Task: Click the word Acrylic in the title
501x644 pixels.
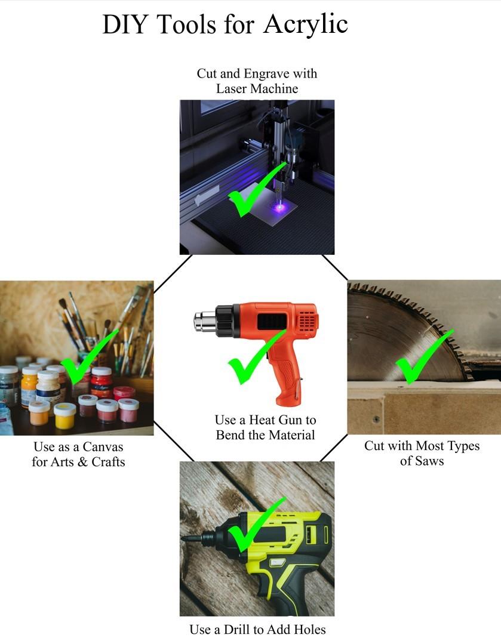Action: pyautogui.click(x=306, y=24)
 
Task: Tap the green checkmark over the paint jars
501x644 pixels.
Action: pyautogui.click(x=88, y=358)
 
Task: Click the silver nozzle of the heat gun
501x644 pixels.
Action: pyautogui.click(x=205, y=321)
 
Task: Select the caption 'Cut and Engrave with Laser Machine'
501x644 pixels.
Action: pyautogui.click(x=257, y=81)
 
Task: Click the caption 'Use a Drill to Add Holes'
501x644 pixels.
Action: pyautogui.click(x=257, y=629)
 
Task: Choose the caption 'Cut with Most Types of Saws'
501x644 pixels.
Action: pyautogui.click(x=422, y=453)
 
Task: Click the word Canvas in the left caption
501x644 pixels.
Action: pyautogui.click(x=103, y=446)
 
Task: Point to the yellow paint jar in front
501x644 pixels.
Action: pyautogui.click(x=65, y=415)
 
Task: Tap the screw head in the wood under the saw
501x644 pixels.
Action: pyautogui.click(x=376, y=420)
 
